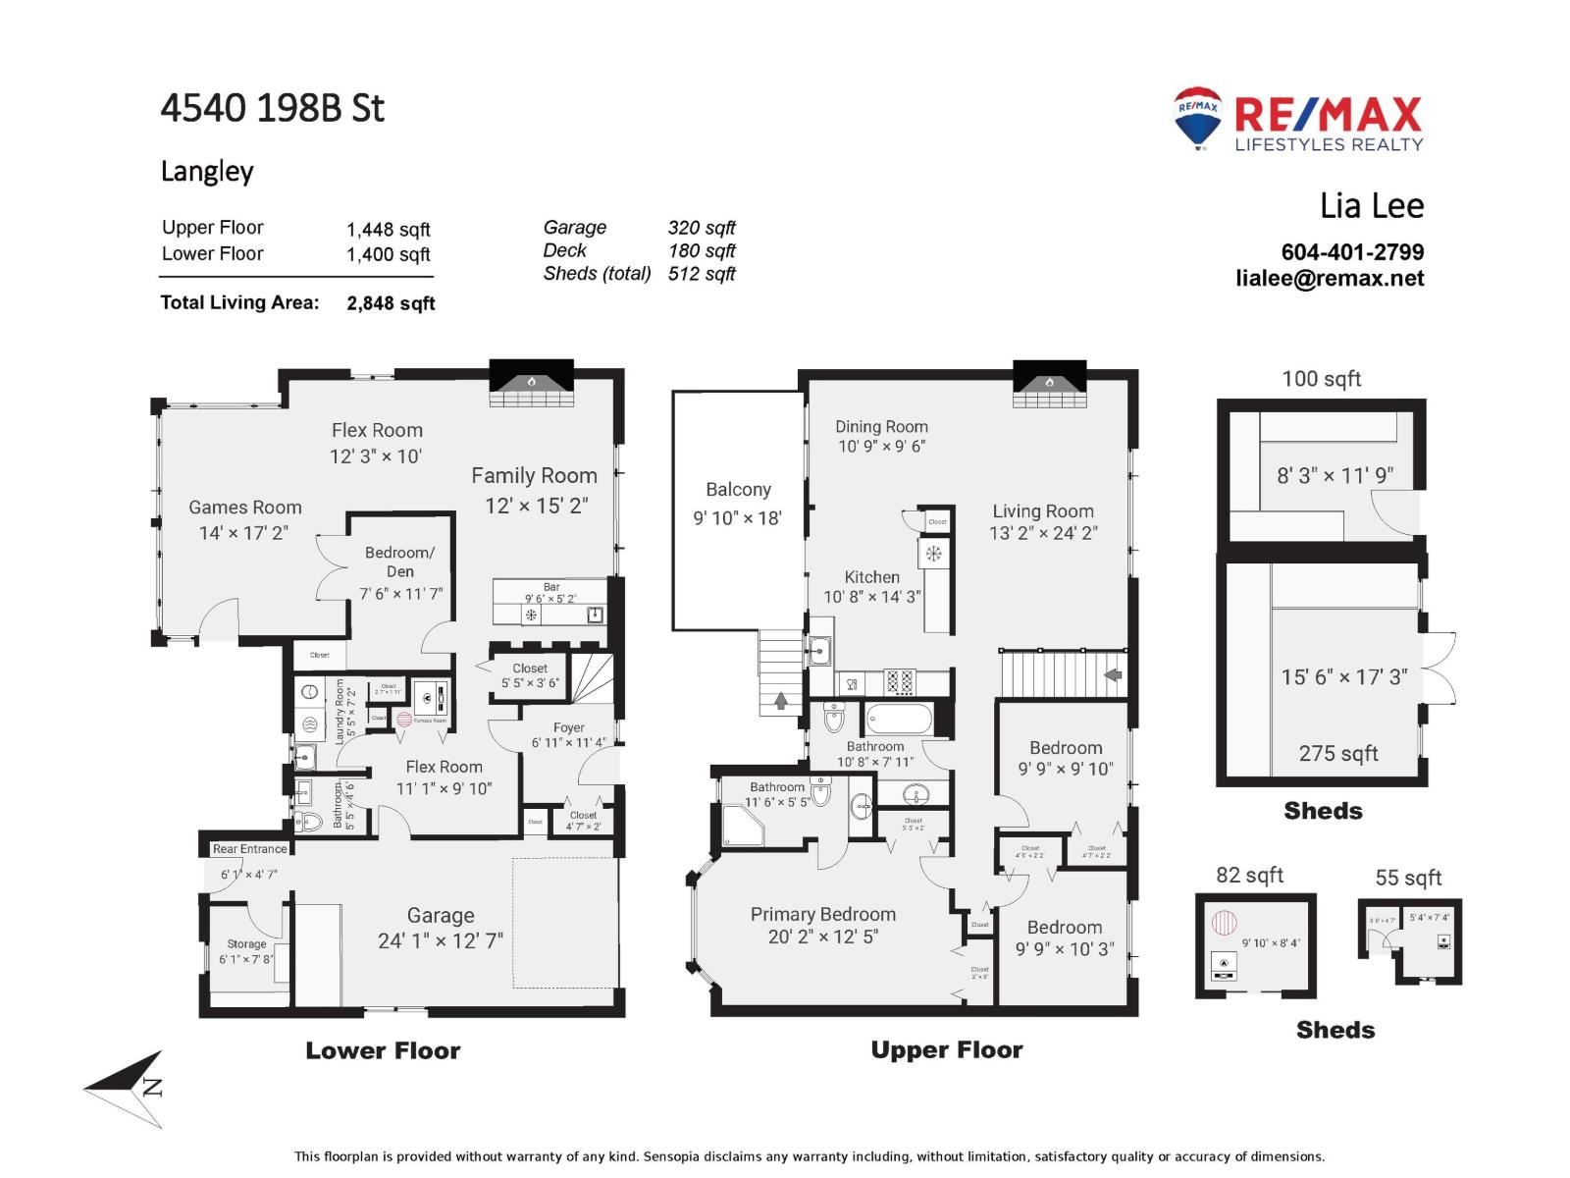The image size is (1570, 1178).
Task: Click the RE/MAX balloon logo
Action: pos(1197,117)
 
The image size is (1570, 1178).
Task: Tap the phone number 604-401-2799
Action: pos(1352,252)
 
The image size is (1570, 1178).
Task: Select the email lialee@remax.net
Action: pos(1330,279)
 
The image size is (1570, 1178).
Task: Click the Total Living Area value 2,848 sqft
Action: pos(391,303)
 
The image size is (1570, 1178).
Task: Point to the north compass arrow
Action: pos(128,1088)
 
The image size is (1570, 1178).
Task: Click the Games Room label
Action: pos(245,508)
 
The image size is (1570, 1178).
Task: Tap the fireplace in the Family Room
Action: pos(531,384)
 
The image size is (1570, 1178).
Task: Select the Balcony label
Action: pos(738,490)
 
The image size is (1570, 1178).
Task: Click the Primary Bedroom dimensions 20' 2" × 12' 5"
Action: pos(822,937)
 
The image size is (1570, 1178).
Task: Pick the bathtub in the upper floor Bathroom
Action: pos(899,720)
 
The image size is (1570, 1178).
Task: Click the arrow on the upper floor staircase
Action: pos(1113,675)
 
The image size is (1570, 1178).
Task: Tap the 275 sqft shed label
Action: pos(1338,754)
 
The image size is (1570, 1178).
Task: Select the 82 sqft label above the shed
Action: pos(1249,876)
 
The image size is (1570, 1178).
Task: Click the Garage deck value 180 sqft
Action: pos(702,251)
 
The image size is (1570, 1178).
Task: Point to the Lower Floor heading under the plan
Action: pos(383,1051)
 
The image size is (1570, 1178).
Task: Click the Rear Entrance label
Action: pos(250,849)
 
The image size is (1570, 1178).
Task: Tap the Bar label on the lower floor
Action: pos(551,587)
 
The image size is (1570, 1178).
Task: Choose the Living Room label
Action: pos(1042,511)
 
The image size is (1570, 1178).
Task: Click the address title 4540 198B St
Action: pos(273,108)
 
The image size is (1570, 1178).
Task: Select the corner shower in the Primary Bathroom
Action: pos(742,827)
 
